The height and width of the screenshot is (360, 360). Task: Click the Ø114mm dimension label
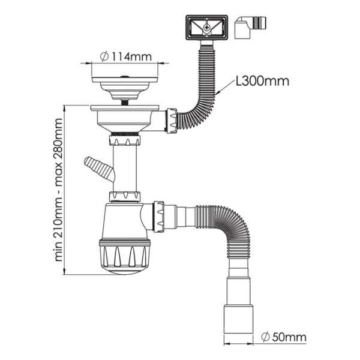pos(126,56)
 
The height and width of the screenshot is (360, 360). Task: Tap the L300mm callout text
pos(263,81)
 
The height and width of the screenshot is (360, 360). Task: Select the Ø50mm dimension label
pos(284,337)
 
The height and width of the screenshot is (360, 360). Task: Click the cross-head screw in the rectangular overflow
pos(207,28)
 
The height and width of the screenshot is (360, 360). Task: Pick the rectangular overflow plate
pos(206,28)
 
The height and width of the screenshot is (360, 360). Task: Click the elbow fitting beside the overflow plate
pos(250,27)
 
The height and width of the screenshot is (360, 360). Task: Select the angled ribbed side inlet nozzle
pos(100,169)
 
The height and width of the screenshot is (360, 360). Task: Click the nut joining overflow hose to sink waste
pos(171,121)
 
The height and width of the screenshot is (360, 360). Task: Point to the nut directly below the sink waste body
pos(125,140)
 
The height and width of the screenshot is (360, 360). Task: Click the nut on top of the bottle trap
pos(125,197)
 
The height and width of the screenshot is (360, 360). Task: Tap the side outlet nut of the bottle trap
pos(159,217)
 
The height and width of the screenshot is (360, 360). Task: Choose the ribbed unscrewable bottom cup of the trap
pos(125,256)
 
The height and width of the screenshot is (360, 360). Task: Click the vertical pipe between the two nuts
pos(125,168)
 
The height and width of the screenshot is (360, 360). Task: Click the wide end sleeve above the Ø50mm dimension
pos(238,320)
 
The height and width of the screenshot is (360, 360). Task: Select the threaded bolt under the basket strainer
pos(125,103)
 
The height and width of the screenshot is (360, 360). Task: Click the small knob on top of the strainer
pos(125,76)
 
